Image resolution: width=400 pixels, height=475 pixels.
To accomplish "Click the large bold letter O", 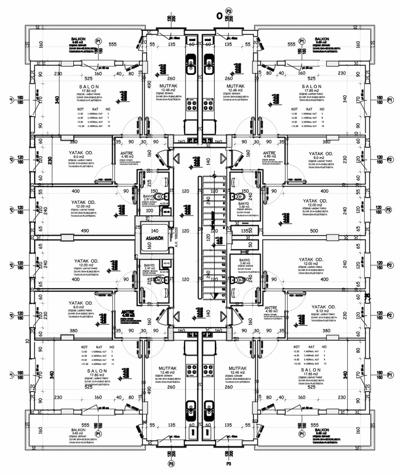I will pyautogui.click(x=219, y=16).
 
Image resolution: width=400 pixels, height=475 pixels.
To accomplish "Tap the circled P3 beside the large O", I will pyautogui.click(x=229, y=11).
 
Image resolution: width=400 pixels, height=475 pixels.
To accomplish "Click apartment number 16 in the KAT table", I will pyautogui.click(x=322, y=126).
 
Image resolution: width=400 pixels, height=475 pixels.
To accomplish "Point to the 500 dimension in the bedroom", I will pyautogui.click(x=314, y=231).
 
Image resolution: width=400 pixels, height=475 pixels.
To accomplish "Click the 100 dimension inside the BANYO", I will pyautogui.click(x=149, y=211).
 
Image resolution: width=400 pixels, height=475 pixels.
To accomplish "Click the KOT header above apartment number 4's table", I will pyautogui.click(x=294, y=109).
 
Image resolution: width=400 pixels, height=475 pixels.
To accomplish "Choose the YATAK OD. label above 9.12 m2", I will pyautogui.click(x=323, y=307).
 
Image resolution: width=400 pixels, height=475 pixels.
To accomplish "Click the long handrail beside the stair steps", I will pyautogui.click(x=213, y=237).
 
